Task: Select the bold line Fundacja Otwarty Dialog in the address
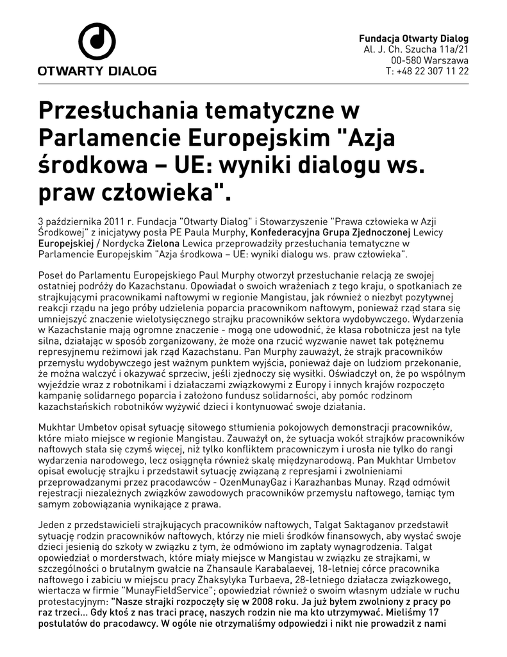(413, 38)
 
